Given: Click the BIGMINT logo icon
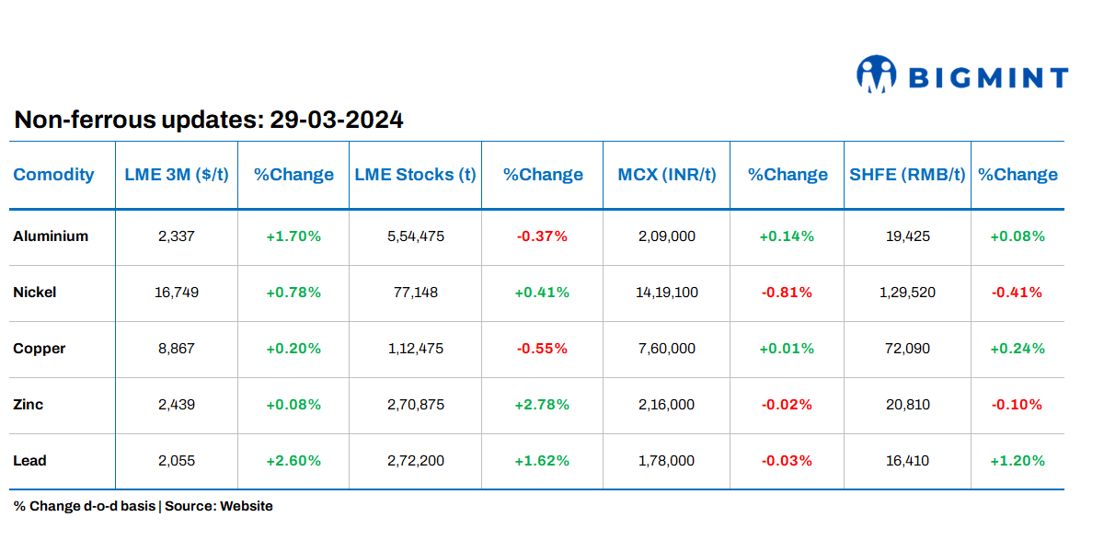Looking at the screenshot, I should pos(876,75).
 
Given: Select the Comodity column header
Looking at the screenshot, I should pos(53,175).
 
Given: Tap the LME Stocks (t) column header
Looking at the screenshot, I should pos(415,175).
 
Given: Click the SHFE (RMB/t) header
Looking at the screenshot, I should pos(906,175).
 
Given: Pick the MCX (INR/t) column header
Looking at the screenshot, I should pos(666,175).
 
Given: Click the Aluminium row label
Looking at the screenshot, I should pos(51,236).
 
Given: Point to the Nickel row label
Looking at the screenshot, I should pos(35,293).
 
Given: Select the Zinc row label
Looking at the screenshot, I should pos(29,405).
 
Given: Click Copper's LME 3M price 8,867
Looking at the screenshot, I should pos(176,349).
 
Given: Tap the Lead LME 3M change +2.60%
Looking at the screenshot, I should pos(293,461).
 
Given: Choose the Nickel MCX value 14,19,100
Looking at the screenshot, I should pos(666,293).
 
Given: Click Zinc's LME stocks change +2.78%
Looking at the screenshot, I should pos(542,405).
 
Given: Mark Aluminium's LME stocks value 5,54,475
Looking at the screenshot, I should pos(415,236).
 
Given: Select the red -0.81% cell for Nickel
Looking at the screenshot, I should pos(787,293).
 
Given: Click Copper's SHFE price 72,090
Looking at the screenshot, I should pos(907,349).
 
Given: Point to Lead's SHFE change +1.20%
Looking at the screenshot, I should pos(1017,461).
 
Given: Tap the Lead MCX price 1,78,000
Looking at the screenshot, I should pos(666,461).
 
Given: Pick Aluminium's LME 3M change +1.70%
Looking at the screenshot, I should pos(293,236).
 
